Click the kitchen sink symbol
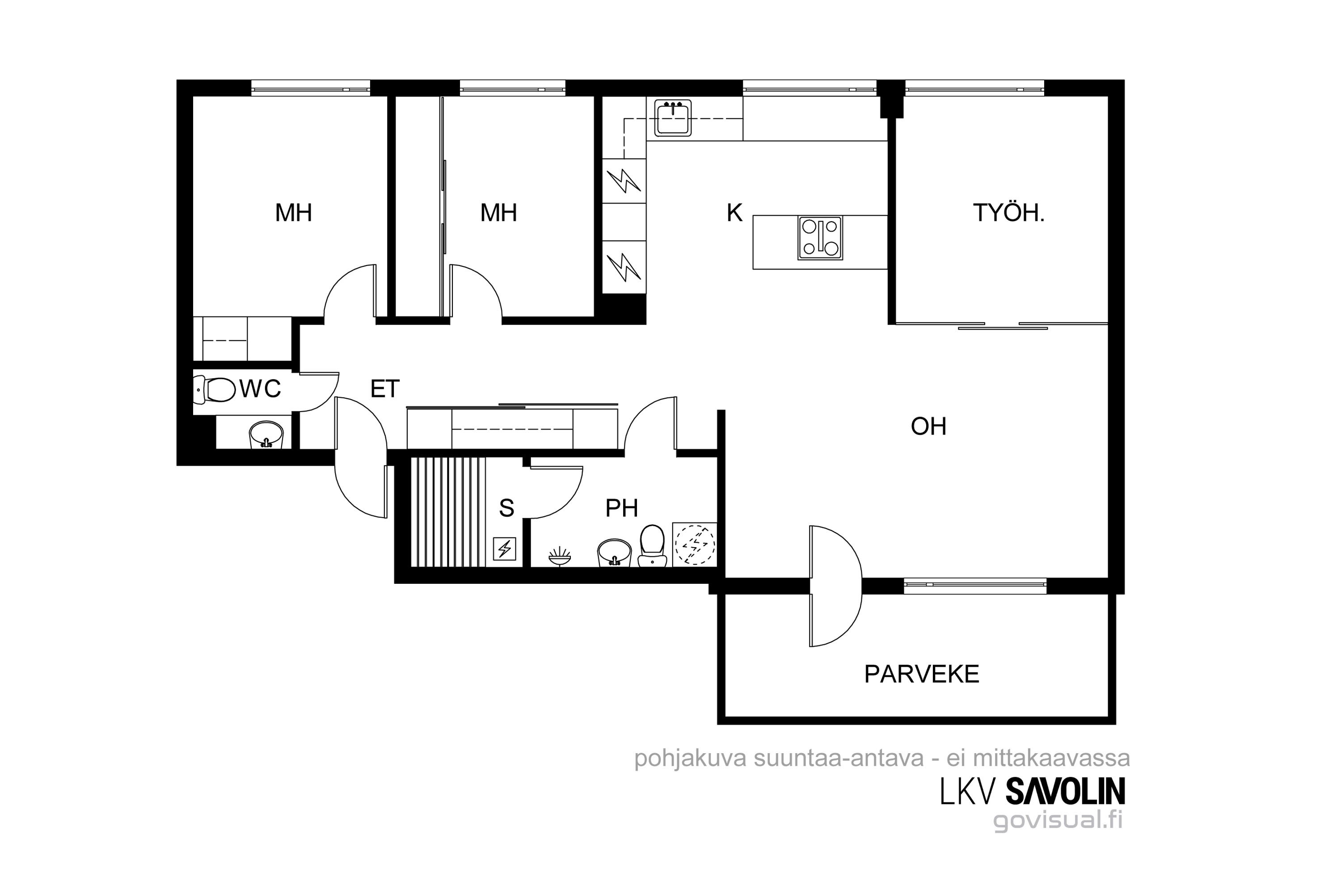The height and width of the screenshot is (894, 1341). (673, 118)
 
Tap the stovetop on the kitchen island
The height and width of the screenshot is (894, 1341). (820, 238)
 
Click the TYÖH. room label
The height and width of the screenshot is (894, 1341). (1008, 213)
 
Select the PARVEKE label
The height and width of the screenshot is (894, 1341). (921, 674)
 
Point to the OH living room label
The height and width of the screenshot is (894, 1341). (929, 426)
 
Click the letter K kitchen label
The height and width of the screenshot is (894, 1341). (734, 213)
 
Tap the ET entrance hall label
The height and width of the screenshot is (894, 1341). (385, 389)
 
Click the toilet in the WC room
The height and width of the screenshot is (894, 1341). (215, 389)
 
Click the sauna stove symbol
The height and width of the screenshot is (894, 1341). (505, 549)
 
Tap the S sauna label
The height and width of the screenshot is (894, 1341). (506, 507)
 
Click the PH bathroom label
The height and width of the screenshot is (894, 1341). (621, 508)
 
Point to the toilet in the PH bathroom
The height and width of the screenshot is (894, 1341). (652, 546)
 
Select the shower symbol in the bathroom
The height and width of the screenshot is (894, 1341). (559, 556)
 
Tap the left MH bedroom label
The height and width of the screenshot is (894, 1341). (294, 213)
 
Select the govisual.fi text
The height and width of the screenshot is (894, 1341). (1058, 820)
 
